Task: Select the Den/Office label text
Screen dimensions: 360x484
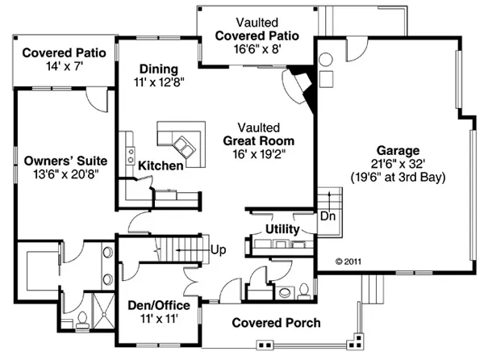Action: tap(159, 306)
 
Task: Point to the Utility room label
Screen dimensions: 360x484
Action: tap(282, 230)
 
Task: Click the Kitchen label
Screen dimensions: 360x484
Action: tap(159, 165)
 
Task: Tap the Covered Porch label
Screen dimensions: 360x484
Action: tap(276, 323)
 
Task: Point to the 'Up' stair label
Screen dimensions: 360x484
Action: tap(218, 250)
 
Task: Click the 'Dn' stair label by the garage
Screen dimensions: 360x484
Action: tap(328, 217)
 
